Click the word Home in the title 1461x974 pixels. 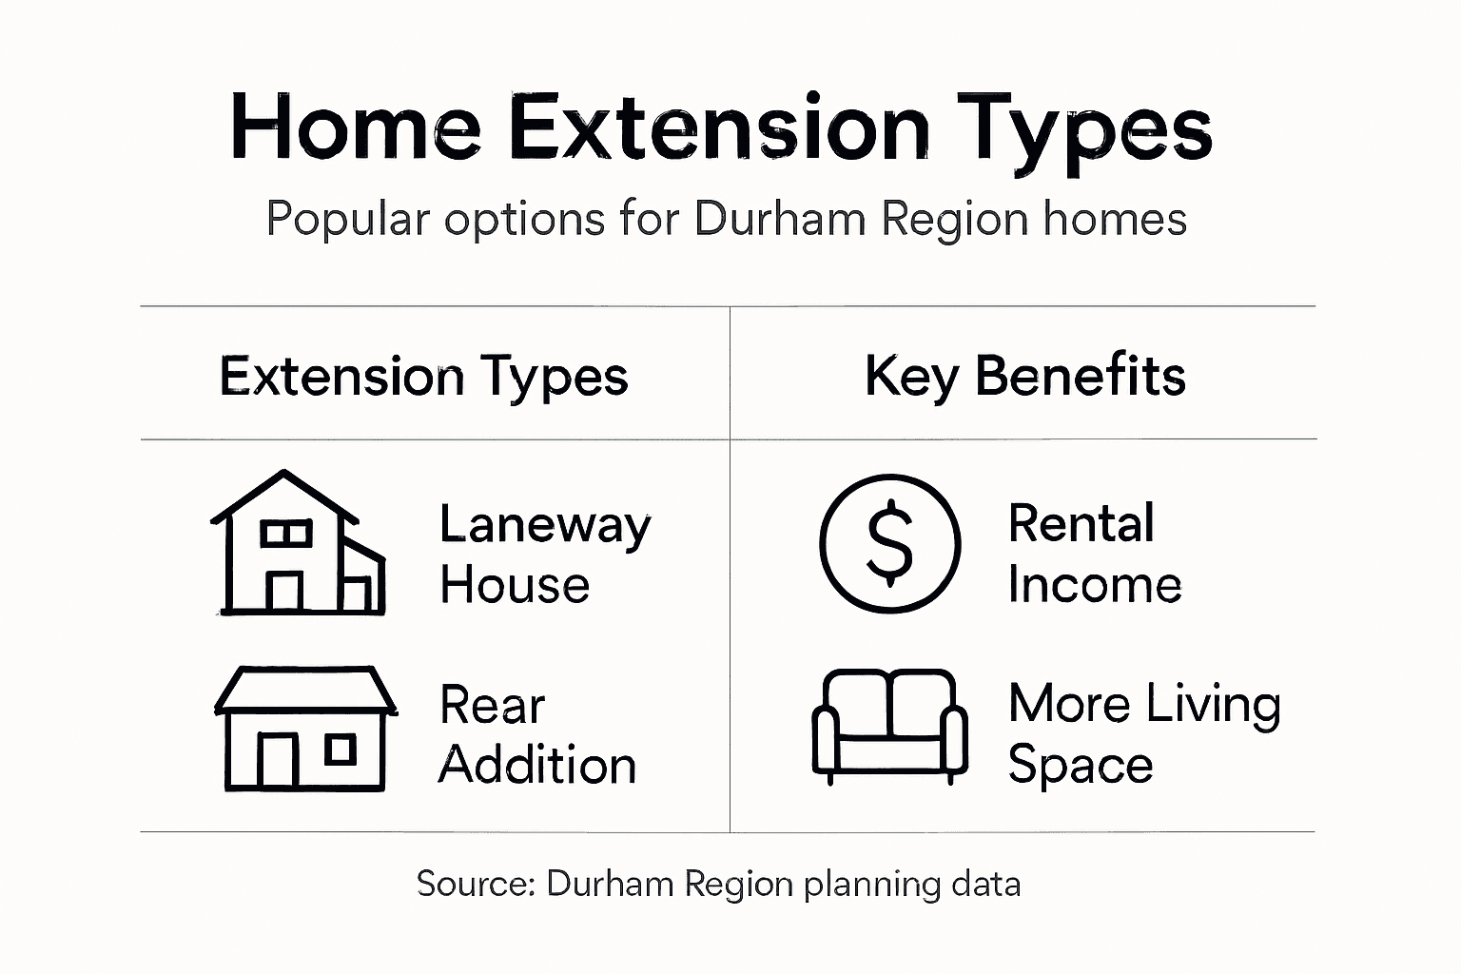[x=355, y=127]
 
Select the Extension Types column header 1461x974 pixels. [x=423, y=377]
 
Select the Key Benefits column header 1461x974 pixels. [x=1024, y=377]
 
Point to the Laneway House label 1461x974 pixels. [x=544, y=554]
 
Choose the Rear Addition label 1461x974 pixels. [x=536, y=735]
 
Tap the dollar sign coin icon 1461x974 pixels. [x=889, y=543]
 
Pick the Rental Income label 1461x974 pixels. [x=1094, y=554]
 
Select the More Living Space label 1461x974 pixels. [x=1143, y=733]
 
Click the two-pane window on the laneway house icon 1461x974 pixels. [x=286, y=534]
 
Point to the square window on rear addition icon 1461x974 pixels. [x=340, y=750]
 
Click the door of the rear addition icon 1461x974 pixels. [x=278, y=761]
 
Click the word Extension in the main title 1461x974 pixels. [x=718, y=127]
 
